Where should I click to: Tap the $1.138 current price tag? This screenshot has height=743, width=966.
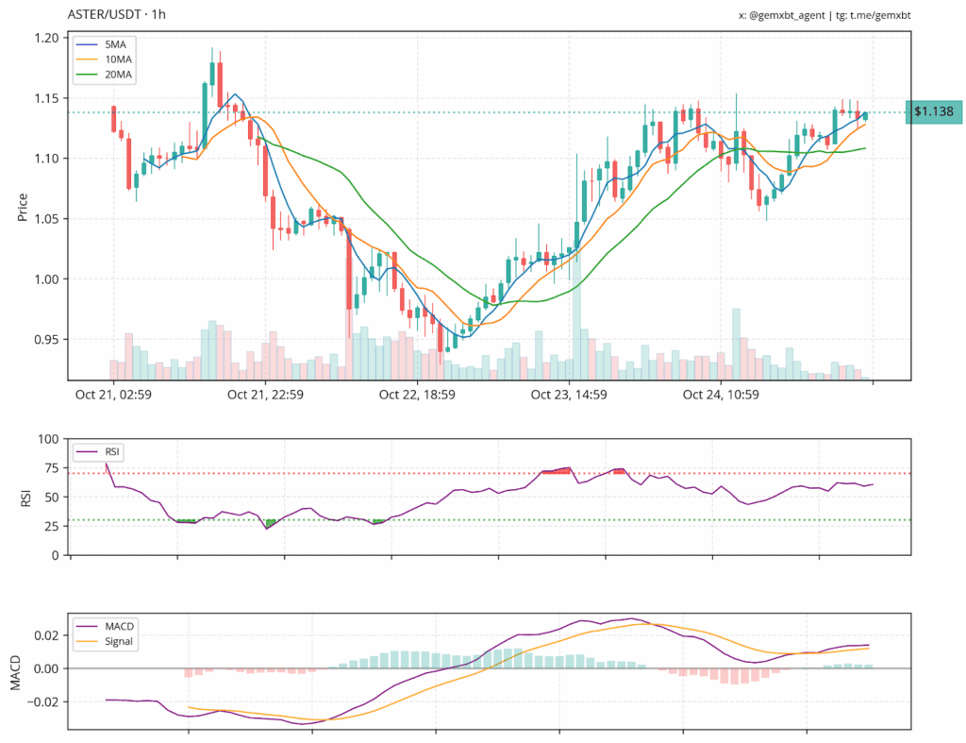[x=932, y=112]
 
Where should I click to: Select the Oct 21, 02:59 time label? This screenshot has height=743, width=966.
[x=113, y=395]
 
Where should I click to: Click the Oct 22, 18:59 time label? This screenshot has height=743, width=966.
[x=417, y=395]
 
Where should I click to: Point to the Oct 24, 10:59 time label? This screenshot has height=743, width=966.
[x=722, y=395]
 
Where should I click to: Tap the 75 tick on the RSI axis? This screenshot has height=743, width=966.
[x=52, y=468]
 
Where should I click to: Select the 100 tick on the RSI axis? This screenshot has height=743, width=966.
[x=49, y=439]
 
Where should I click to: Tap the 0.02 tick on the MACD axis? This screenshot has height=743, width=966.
[x=45, y=635]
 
